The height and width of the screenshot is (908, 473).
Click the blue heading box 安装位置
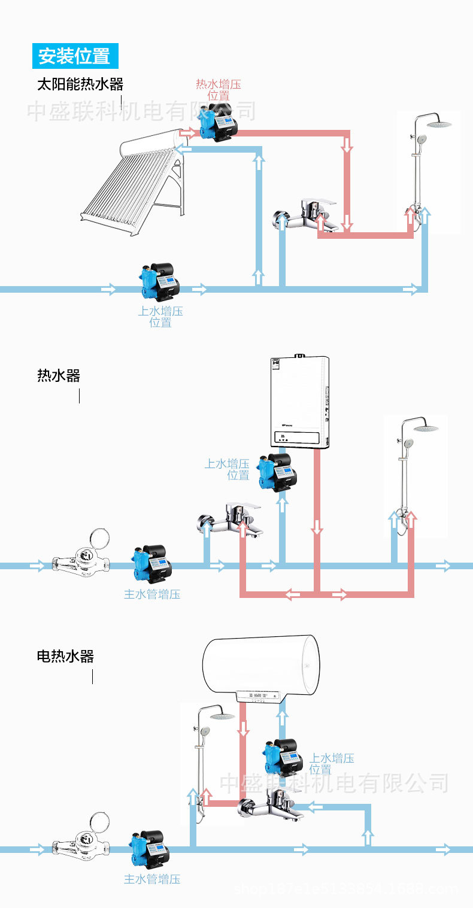(x=75, y=56)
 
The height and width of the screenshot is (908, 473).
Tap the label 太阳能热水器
(x=80, y=84)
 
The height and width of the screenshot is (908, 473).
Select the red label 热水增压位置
(x=219, y=90)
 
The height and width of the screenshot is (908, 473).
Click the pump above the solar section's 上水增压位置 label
(x=159, y=281)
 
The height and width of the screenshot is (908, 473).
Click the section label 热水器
(x=58, y=376)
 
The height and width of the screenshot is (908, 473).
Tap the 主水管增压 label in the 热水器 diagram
(x=152, y=594)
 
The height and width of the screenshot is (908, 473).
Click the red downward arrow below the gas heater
(x=317, y=527)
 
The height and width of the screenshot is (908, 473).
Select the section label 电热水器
(x=65, y=657)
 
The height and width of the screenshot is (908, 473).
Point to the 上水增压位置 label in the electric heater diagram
(x=332, y=764)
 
